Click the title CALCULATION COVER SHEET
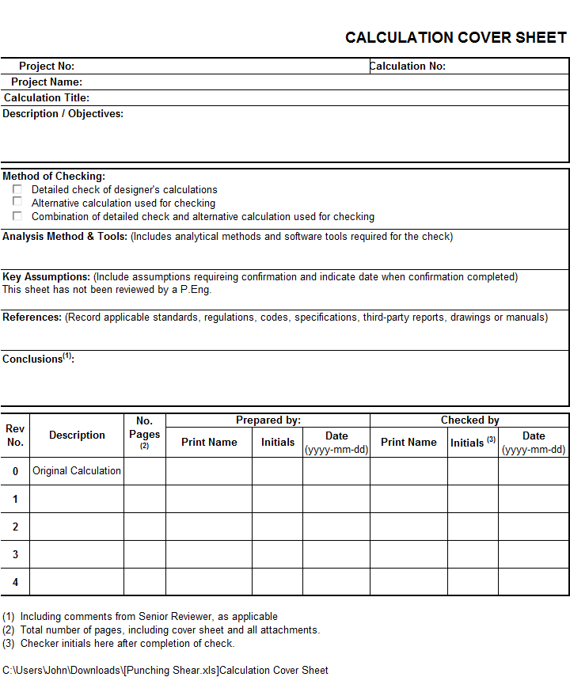click(456, 37)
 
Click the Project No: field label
click(47, 67)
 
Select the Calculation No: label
click(408, 67)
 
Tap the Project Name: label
click(47, 82)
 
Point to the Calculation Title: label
click(47, 98)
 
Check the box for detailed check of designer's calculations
click(17, 189)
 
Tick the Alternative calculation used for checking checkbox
click(17, 202)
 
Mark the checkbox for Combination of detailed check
click(17, 215)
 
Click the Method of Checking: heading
click(54, 177)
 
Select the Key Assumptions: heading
click(47, 277)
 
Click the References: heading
click(32, 318)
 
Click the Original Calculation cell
click(77, 471)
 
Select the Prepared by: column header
click(268, 420)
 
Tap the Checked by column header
click(469, 420)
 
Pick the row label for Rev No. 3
click(15, 554)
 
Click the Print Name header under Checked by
click(408, 443)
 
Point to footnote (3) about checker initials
click(118, 644)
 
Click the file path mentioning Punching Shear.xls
click(165, 670)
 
